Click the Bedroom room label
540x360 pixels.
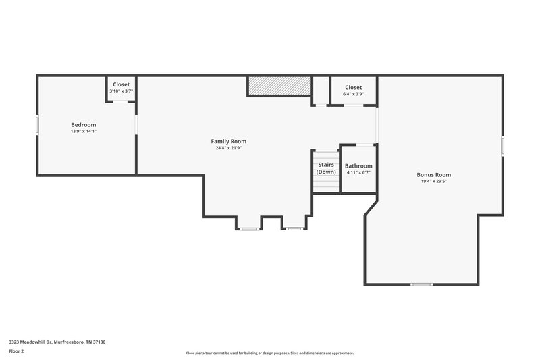pos(84,124)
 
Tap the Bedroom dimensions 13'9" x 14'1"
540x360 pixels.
pos(84,131)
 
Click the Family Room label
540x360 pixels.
pos(229,141)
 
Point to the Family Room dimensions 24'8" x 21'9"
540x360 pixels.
pos(229,148)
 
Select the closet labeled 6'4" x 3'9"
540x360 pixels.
pos(353,91)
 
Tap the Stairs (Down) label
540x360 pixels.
pos(326,168)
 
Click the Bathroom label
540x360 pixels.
pos(358,165)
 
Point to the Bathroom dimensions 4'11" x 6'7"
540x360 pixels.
pos(358,172)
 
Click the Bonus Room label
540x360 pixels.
pos(433,174)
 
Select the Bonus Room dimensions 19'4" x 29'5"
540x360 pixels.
pos(433,181)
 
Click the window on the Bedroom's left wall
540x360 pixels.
pos(37,125)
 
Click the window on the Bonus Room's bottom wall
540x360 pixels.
pos(421,284)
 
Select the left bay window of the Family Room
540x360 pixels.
pos(248,229)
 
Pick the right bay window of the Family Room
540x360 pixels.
pos(294,229)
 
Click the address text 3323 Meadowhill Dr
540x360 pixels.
pos(57,342)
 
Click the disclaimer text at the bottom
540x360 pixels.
pos(270,353)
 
